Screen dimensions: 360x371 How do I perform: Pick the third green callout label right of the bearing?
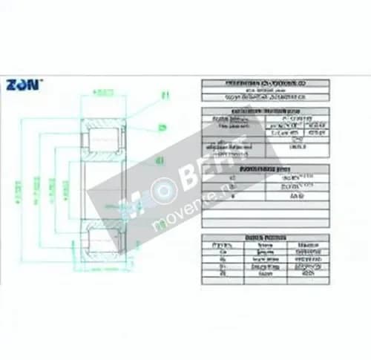160,160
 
